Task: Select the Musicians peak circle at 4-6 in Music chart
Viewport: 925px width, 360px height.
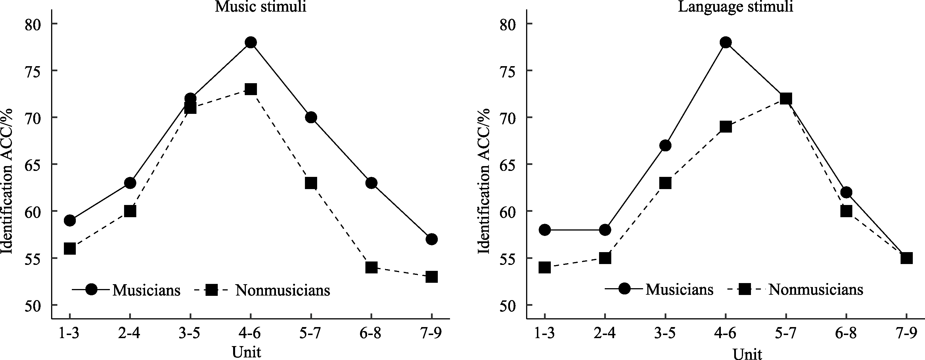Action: [251, 42]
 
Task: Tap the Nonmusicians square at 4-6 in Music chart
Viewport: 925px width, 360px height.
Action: [251, 89]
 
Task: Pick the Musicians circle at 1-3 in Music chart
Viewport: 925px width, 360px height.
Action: [70, 220]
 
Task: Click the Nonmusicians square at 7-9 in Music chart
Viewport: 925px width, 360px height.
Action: [432, 277]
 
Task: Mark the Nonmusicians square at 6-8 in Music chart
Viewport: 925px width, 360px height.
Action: [371, 267]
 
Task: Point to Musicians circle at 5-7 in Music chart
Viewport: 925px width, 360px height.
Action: [311, 117]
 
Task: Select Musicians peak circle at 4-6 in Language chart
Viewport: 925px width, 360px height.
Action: [726, 42]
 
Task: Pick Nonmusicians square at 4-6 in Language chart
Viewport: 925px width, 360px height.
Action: [726, 127]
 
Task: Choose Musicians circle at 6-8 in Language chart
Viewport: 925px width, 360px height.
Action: [846, 192]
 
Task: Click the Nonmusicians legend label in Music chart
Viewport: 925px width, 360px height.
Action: [282, 290]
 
